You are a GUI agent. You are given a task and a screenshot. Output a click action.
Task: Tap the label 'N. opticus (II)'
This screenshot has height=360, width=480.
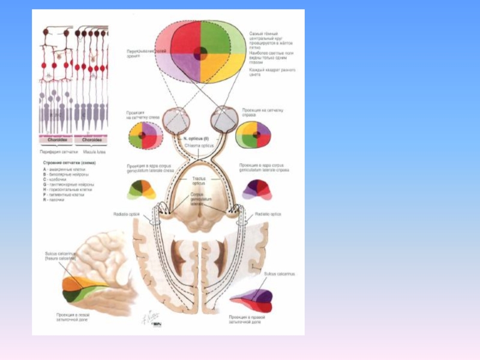tap(196, 139)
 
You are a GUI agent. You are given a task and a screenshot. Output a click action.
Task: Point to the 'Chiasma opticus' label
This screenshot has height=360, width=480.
tap(199, 145)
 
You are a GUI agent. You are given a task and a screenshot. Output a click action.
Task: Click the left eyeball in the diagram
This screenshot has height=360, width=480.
tap(176, 120)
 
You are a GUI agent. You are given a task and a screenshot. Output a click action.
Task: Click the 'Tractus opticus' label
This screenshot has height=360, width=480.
tap(199, 180)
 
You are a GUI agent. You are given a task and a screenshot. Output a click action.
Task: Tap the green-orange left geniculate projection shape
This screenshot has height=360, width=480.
tap(141, 190)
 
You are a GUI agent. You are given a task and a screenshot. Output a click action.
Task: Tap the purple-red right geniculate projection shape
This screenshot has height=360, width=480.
tap(257, 190)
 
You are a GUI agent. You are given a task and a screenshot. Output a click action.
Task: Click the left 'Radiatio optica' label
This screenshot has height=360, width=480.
tap(126, 214)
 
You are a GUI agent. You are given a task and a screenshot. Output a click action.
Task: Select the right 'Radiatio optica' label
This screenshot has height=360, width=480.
tap(268, 214)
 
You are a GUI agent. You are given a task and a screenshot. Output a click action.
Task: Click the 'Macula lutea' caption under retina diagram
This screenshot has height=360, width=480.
tap(91, 152)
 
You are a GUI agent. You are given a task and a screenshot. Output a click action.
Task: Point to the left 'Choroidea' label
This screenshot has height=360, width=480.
tap(57, 140)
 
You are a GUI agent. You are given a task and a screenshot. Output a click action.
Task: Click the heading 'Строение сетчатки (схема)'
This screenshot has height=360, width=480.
tap(69, 163)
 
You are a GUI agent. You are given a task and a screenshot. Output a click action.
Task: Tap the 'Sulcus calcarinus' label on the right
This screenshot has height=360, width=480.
tap(279, 274)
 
